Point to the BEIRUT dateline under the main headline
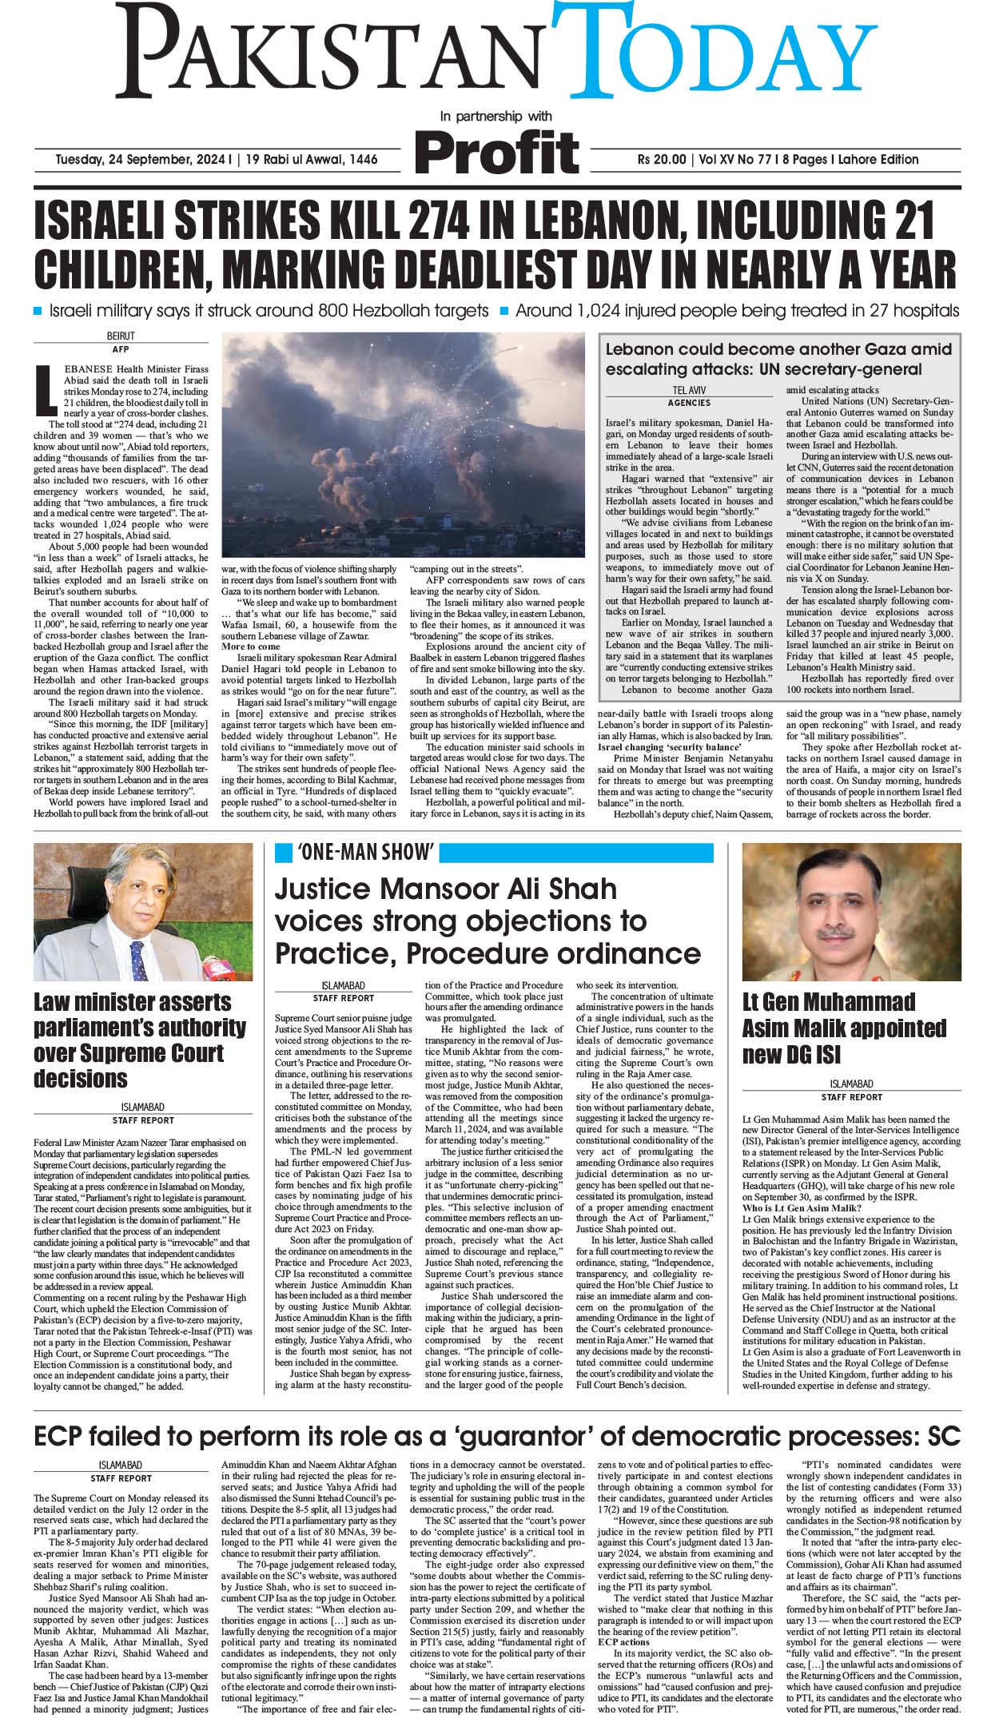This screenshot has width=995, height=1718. pyautogui.click(x=121, y=336)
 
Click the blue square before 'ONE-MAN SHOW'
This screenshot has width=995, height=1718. pyautogui.click(x=283, y=853)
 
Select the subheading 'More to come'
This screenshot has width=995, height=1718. pyautogui.click(x=251, y=646)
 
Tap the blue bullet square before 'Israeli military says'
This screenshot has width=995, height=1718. pyautogui.click(x=39, y=310)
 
